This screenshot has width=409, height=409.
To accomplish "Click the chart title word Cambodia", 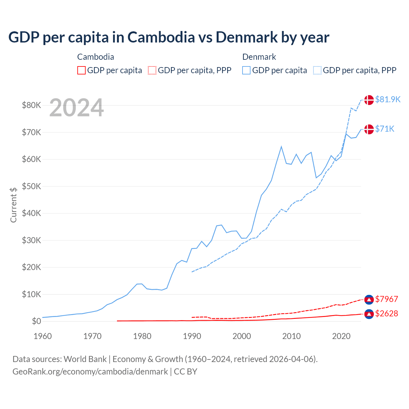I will coord(161,37).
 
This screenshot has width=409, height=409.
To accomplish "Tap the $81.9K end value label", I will coord(388,99).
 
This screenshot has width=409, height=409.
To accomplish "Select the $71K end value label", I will coord(385,129).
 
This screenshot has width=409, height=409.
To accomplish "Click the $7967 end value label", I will coord(386,299).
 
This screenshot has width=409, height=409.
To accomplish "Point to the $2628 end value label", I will coord(386,313).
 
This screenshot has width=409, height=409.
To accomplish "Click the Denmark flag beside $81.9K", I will coord(369,100).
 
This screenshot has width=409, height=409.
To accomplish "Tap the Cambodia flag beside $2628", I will coord(369,314).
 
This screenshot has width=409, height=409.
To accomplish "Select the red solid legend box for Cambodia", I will coord(81,70).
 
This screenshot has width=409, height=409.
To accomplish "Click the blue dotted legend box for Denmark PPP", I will coord(317,70).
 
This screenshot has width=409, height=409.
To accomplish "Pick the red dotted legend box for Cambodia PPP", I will coord(152,70).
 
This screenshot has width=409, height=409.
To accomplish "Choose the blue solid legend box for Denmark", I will coord(246,70).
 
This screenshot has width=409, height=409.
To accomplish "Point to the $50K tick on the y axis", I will coord(31,186).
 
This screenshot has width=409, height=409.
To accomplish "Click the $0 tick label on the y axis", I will coord(36,321).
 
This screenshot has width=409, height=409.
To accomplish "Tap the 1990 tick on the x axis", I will coord(192,336).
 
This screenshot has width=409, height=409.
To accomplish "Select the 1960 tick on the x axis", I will coord(42,336).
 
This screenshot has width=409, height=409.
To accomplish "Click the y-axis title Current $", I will coord(13,205).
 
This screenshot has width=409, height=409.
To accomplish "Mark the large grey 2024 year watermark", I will coord(76,108).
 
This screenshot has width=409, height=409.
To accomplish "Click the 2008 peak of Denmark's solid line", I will coord(281,147).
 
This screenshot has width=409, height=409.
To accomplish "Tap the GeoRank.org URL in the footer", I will coord(90,372).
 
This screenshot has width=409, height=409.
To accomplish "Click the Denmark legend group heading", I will coord(259,57).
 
